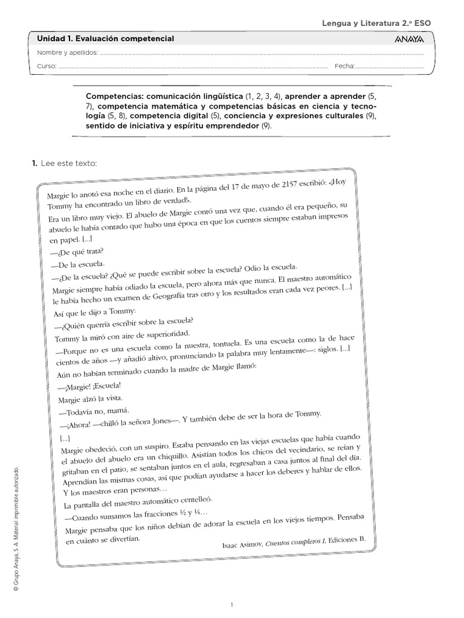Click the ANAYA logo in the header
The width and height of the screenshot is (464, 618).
409,39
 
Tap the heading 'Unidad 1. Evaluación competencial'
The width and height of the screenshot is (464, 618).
106,39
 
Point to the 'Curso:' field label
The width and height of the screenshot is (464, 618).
47,66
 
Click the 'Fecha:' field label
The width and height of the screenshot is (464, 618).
345,66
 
